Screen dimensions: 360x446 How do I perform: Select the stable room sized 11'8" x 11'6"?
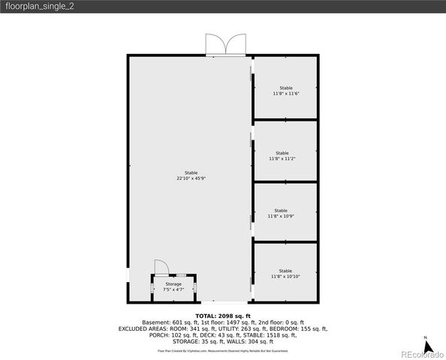285,91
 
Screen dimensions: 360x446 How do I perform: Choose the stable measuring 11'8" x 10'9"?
281,213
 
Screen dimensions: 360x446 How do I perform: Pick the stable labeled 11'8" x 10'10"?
285,274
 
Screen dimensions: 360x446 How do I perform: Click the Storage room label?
173,284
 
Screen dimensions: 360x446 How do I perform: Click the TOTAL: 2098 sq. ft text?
223,316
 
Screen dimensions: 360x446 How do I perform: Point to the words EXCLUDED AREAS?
144,328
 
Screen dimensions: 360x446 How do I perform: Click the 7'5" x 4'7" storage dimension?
173,289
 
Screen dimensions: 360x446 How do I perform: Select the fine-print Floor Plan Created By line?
223,351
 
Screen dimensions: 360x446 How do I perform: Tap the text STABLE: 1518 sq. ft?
275,335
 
